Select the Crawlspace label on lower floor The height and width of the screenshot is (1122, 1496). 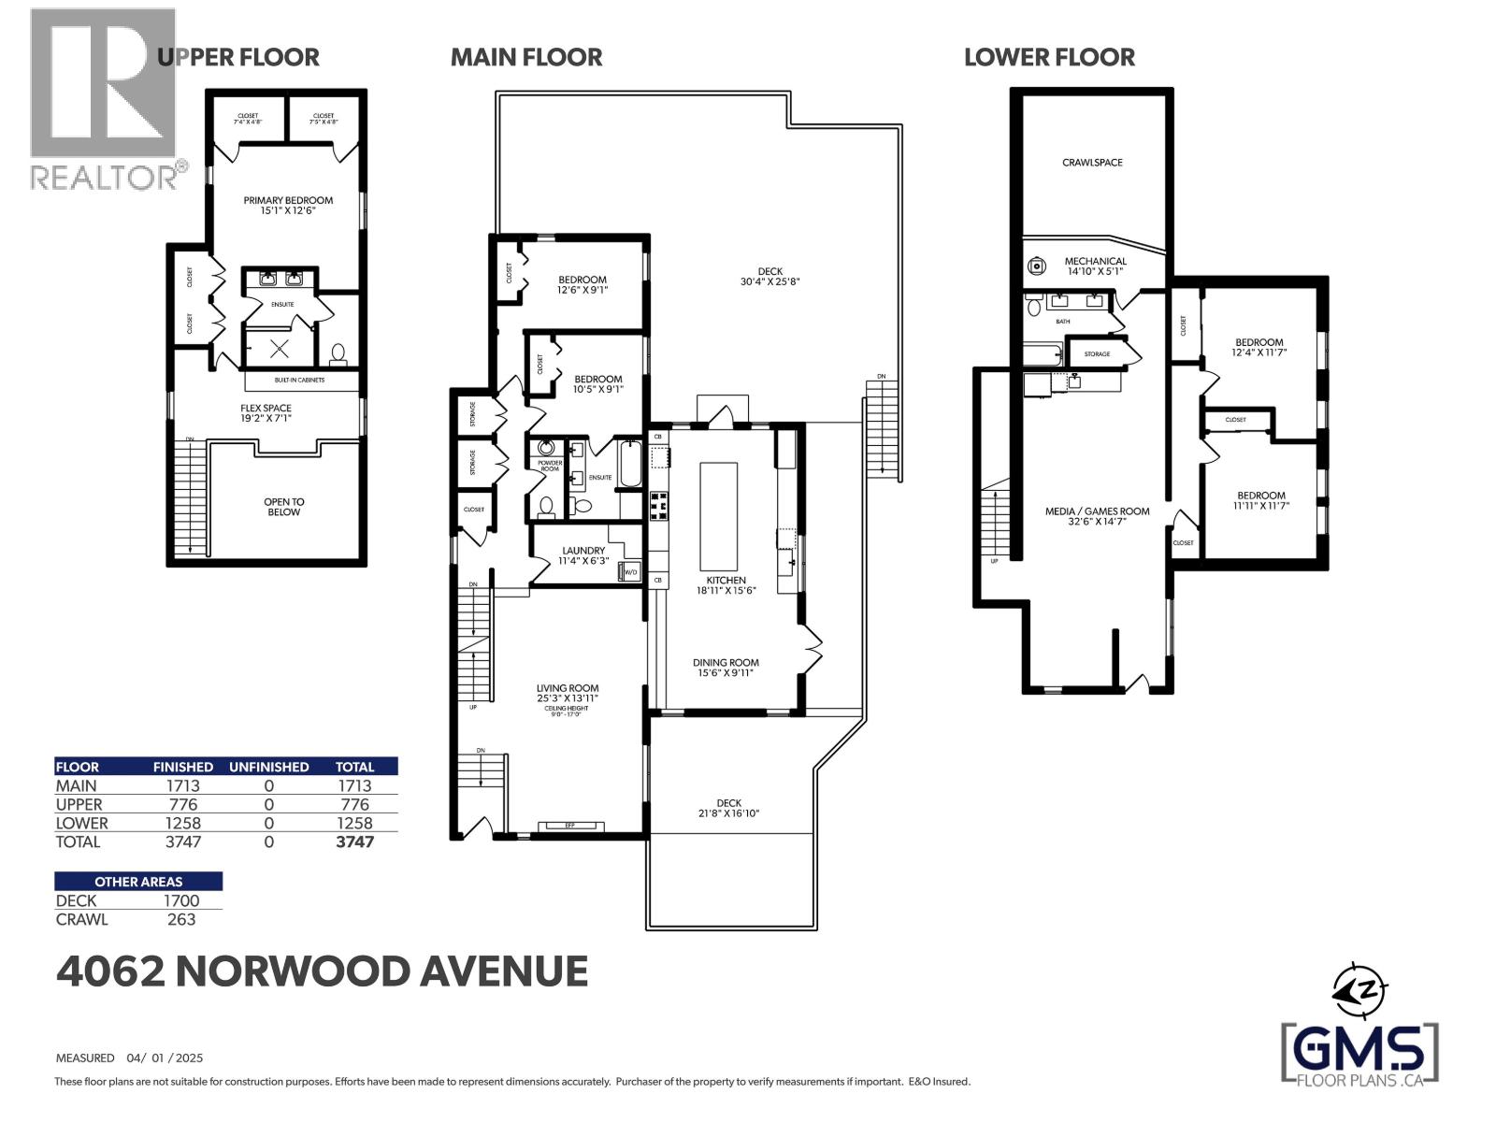(x=1092, y=163)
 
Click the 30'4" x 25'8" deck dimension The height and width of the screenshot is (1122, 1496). (x=770, y=281)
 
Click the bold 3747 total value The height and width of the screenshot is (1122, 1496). (x=354, y=841)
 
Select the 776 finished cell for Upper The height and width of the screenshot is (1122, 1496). (x=182, y=804)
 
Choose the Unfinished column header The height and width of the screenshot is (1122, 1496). (x=268, y=767)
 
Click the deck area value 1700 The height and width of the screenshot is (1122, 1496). (x=180, y=900)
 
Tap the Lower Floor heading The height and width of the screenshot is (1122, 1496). (x=1049, y=57)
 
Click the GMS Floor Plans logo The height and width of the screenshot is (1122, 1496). (x=1359, y=1054)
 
